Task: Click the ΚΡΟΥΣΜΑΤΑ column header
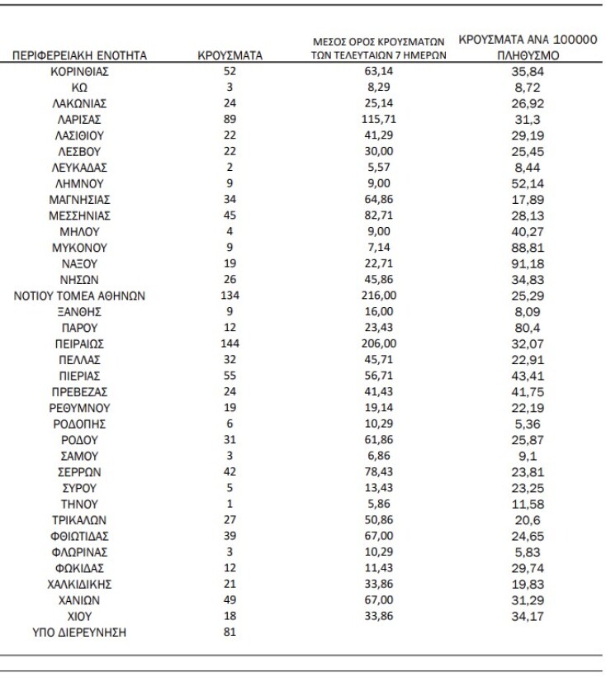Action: tap(230, 55)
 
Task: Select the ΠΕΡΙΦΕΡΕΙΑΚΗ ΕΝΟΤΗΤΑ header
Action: tap(80, 55)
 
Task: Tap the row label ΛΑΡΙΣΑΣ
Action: tap(80, 119)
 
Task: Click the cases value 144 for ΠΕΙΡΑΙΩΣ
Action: tap(230, 343)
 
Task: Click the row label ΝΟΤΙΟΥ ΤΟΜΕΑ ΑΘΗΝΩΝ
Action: tap(80, 295)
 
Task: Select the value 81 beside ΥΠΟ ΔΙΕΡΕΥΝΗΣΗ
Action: tap(230, 632)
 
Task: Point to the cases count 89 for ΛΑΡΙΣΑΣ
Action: tap(230, 119)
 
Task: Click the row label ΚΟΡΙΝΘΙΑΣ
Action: tap(80, 71)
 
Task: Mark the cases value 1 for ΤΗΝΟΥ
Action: tap(230, 503)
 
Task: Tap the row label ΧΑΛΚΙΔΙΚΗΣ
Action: tap(80, 583)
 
